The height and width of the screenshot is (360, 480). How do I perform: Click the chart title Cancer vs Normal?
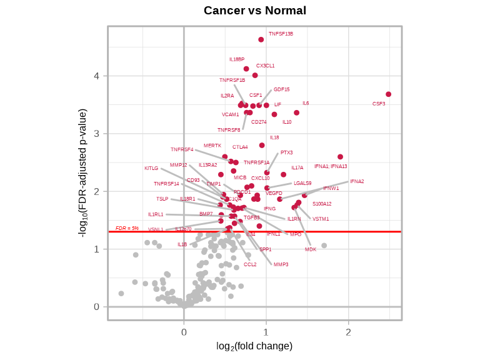pos(255,11)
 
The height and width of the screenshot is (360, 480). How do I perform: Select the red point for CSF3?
pos(388,94)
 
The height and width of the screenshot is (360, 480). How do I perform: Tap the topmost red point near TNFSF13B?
pos(261,39)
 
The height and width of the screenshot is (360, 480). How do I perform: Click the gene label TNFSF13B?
pos(281,34)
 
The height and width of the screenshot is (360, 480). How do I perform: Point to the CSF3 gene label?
pos(379,104)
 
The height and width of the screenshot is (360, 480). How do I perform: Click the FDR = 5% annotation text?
pos(127,228)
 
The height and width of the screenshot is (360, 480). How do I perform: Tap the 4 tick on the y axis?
pos(97,76)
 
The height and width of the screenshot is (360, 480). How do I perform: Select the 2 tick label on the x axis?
pos(348,332)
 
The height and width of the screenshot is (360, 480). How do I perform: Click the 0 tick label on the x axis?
pos(184,332)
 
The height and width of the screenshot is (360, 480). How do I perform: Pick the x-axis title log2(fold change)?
pos(254,346)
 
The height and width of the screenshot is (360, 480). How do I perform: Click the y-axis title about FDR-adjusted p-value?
pos(82,172)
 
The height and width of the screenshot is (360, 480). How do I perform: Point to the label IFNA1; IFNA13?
pos(331,166)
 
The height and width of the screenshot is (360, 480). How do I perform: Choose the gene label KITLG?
pos(151,168)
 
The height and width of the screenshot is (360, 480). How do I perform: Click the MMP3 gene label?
pos(281,264)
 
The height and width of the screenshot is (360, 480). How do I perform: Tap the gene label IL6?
pos(306,103)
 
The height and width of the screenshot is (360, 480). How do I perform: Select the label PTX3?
pos(286,152)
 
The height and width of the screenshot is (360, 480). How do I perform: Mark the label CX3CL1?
pos(265,66)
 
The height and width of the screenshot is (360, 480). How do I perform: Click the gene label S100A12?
pos(322,204)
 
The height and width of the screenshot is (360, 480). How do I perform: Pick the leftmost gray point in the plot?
pos(121,293)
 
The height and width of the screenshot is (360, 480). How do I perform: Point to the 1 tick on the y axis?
pos(97,249)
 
